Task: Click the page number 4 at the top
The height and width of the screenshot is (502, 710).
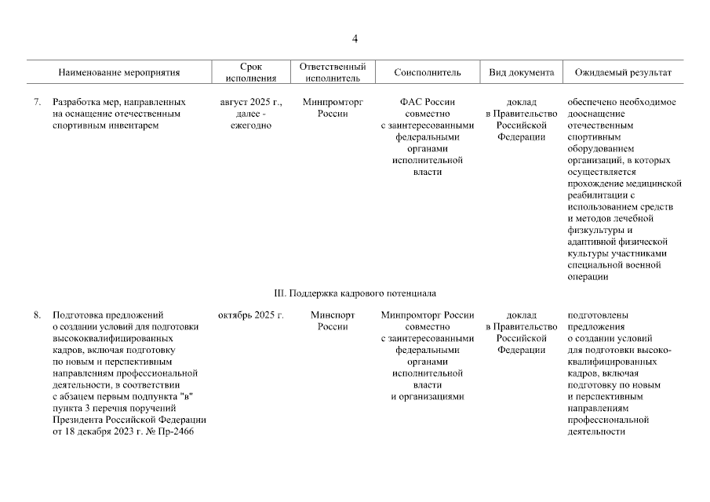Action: (x=355, y=39)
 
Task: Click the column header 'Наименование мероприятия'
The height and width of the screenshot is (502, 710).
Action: (x=119, y=73)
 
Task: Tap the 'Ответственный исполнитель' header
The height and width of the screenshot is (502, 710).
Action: (x=333, y=73)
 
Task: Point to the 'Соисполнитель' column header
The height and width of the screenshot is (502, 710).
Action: (x=428, y=73)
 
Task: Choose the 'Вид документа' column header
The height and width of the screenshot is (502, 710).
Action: (x=521, y=73)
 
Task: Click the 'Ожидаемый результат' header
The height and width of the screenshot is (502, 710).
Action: (x=623, y=73)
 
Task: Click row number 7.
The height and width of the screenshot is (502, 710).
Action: (x=37, y=102)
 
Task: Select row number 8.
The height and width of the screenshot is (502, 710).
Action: (x=37, y=316)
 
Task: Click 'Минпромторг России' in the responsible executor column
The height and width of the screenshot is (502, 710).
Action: (x=333, y=107)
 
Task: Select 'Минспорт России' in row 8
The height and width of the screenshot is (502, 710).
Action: (x=333, y=322)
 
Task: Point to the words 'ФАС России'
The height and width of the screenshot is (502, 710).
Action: (x=428, y=102)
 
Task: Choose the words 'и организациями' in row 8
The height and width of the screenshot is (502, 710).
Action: (x=428, y=397)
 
